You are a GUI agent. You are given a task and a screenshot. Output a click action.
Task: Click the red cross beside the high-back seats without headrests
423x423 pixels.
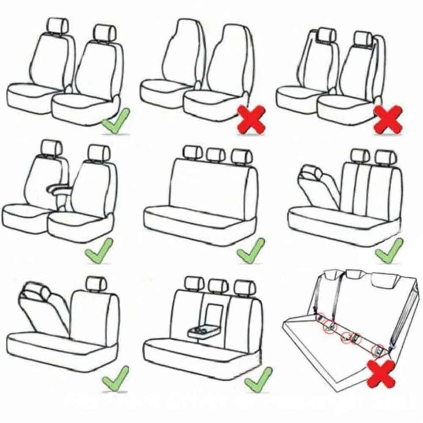(x=252, y=119)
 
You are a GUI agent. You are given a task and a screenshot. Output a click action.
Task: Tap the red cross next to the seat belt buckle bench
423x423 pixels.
(x=382, y=373)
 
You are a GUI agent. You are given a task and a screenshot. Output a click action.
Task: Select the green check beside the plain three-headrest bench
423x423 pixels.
(x=251, y=251)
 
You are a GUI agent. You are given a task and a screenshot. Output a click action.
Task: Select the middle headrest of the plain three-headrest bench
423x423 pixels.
(x=216, y=154)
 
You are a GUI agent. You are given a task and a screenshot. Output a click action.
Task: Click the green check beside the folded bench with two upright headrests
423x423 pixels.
(x=389, y=251)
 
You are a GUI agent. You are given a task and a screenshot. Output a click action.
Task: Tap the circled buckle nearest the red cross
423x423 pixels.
(x=378, y=350)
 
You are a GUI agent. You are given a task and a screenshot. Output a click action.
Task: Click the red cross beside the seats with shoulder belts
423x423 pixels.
(x=388, y=119)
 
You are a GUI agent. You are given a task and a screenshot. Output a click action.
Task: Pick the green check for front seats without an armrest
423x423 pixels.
(x=115, y=121)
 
